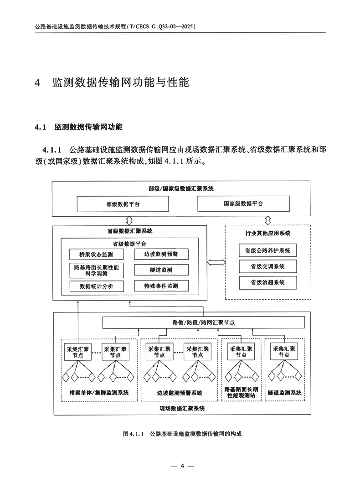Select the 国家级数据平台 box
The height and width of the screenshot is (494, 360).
click(243, 203)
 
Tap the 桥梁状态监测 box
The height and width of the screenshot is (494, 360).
click(96, 255)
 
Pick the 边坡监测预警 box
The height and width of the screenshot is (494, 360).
click(161, 255)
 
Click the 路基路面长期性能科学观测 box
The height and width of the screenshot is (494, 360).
click(96, 270)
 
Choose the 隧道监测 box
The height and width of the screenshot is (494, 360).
click(161, 270)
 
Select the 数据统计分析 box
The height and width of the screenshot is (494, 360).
click(96, 286)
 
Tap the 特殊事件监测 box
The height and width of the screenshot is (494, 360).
click(161, 286)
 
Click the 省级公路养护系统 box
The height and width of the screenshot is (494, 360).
click(267, 250)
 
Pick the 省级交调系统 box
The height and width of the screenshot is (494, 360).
click(267, 266)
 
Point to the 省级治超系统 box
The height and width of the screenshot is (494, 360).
click(267, 282)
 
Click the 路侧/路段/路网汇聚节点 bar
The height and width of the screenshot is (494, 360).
click(203, 322)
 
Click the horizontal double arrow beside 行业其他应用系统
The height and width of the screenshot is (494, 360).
click(216, 262)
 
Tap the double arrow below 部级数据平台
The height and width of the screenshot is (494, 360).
click(129, 220)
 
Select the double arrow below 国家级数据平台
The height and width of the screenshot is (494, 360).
click(267, 220)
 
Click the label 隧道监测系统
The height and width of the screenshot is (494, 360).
click(285, 392)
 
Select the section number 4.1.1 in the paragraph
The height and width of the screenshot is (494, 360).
click(52, 149)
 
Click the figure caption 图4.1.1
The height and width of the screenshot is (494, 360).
click(134, 434)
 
